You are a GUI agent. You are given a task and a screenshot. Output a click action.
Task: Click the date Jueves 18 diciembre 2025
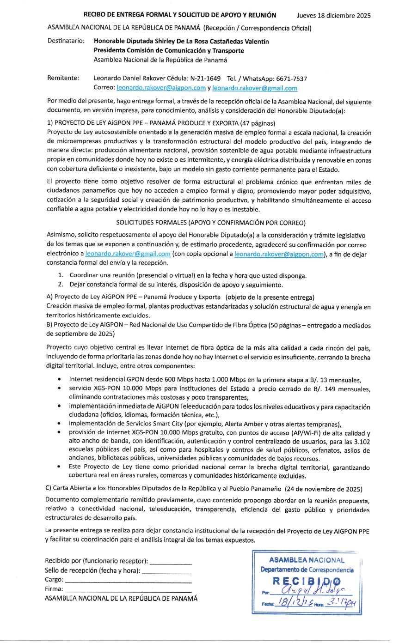pos(334,16)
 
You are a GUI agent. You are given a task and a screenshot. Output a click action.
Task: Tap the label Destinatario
pos(66,41)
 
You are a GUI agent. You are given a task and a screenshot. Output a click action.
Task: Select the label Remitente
pos(63,78)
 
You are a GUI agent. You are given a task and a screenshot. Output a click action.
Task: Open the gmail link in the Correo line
pos(255,88)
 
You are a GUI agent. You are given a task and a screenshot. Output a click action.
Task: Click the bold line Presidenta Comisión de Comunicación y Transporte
pos(169,50)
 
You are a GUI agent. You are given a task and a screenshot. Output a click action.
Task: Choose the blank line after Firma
pos(129,589)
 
